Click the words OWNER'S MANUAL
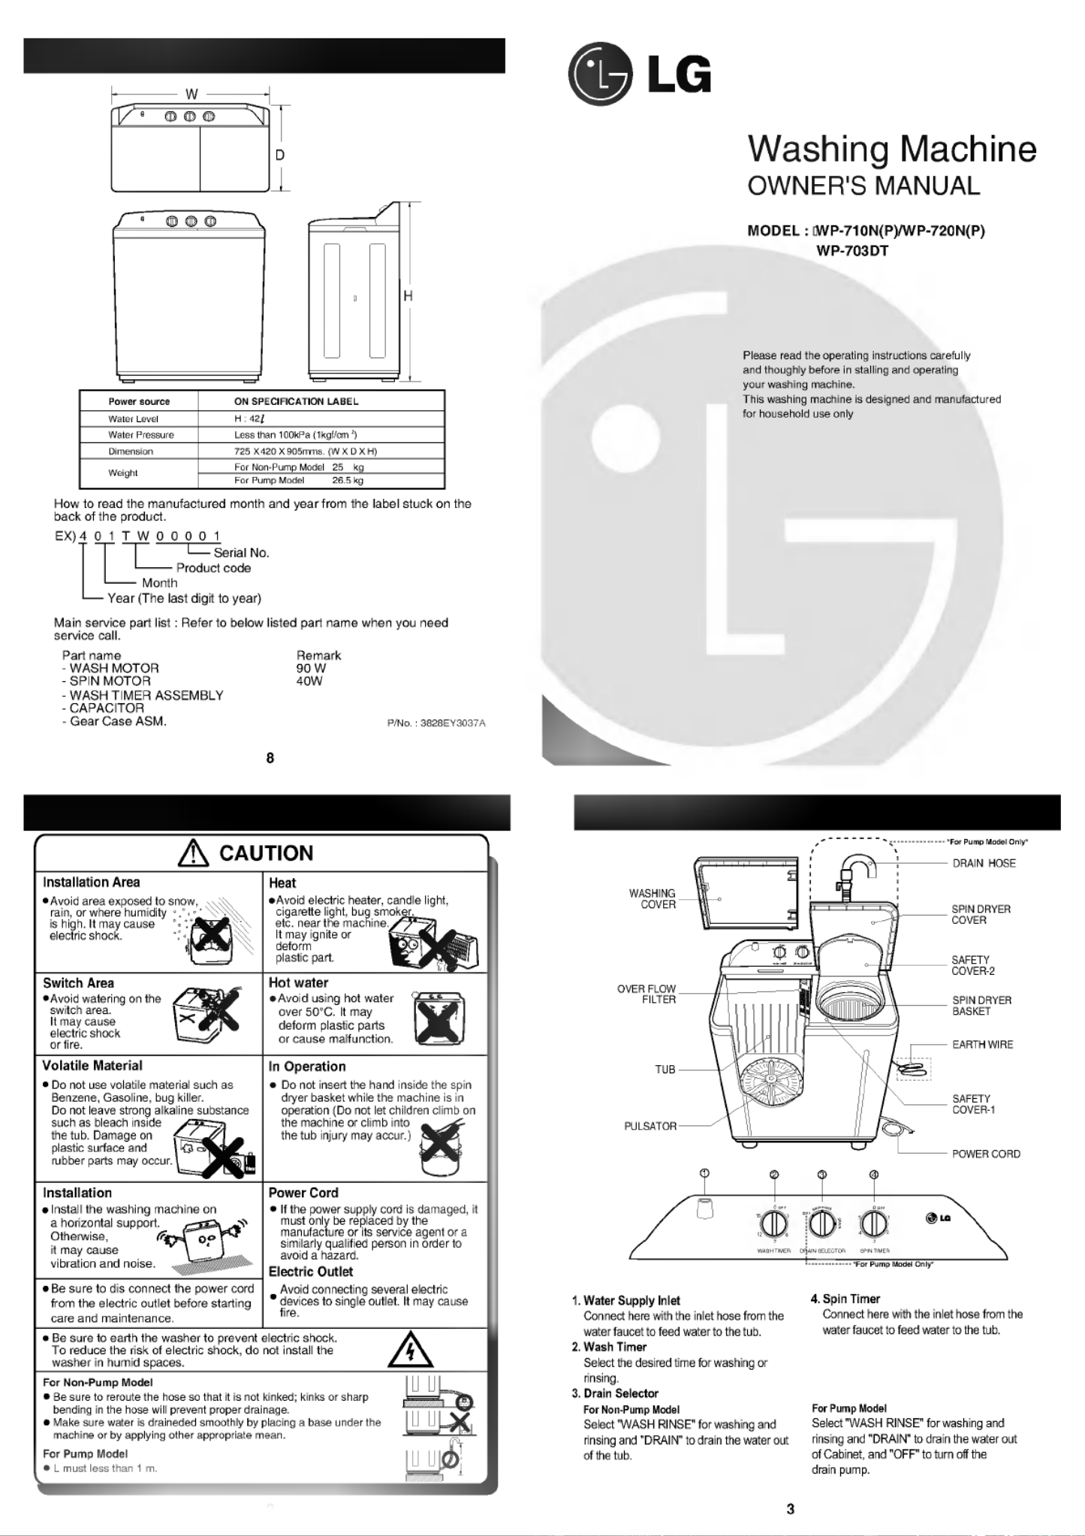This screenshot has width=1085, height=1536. tap(863, 186)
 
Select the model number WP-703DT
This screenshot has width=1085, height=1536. tap(852, 251)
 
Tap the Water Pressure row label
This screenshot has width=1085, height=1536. tap(140, 435)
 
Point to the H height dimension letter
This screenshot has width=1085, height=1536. tap(408, 296)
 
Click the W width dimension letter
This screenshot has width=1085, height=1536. tap(191, 94)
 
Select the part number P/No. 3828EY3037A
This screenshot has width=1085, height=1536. tap(436, 723)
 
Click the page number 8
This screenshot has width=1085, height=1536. tap(270, 758)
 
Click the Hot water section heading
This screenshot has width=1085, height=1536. tap(298, 982)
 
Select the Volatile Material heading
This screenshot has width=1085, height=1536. tap(92, 1066)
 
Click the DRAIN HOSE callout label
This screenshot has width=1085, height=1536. tap(984, 863)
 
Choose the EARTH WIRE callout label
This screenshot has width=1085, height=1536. tap(982, 1045)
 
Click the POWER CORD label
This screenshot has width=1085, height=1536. tap(986, 1154)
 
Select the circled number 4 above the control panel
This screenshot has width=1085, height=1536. tap(874, 1175)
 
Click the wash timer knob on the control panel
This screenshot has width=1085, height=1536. tap(774, 1224)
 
